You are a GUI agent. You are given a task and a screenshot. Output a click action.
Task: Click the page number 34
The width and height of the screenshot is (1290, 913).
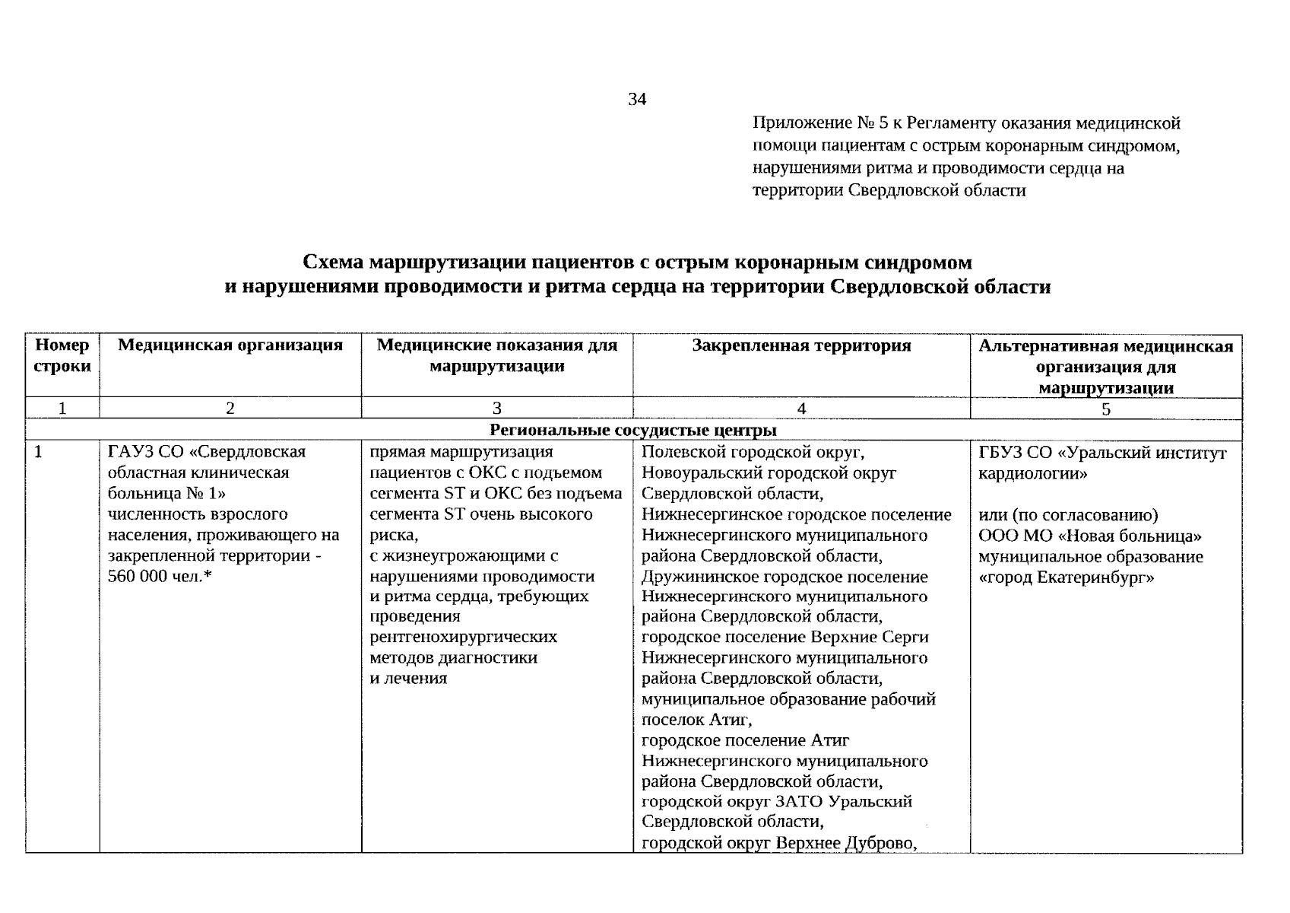[x=637, y=99]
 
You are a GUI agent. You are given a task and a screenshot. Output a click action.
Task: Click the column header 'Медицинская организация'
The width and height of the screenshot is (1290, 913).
[x=230, y=345]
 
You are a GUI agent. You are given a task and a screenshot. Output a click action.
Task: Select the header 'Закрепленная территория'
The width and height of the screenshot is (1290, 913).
[x=801, y=345]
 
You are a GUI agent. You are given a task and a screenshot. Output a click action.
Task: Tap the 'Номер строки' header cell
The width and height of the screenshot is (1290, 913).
[x=62, y=355]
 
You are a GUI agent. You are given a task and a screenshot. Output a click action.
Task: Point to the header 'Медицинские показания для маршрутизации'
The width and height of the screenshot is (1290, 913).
[x=497, y=355]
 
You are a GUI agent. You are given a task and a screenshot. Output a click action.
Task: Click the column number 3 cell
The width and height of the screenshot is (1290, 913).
[x=497, y=409]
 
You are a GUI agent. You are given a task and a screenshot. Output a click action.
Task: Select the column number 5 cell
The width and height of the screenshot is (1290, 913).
[x=1106, y=409]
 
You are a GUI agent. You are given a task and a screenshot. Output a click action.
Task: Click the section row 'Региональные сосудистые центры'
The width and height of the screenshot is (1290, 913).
[x=633, y=430]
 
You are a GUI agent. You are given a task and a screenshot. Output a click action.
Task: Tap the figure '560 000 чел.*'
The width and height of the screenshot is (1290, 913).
[x=160, y=576]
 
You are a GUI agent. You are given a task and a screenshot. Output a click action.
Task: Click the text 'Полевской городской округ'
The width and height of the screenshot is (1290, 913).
[x=753, y=452]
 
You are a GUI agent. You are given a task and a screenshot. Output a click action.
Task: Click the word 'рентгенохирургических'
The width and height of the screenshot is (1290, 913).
[x=463, y=636]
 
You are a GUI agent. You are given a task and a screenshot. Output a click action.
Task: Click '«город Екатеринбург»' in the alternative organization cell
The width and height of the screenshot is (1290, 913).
[x=1067, y=577]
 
